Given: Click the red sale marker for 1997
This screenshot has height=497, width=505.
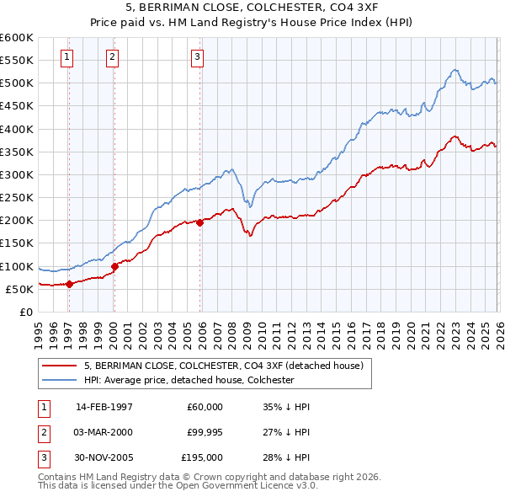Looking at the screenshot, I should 69,284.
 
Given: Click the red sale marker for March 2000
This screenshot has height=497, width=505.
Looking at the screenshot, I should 114,266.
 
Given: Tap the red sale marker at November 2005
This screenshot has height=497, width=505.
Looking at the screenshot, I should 199,222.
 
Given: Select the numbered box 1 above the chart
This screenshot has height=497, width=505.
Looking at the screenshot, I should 66,57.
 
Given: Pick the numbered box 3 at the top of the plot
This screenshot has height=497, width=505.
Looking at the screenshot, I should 197,57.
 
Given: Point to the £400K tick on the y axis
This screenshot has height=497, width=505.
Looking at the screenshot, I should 17,129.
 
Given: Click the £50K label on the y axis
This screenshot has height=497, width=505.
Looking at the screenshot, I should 19,289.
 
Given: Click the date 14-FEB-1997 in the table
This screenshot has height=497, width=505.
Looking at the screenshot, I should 104,406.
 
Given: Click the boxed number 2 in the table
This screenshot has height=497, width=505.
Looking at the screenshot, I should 43,432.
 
